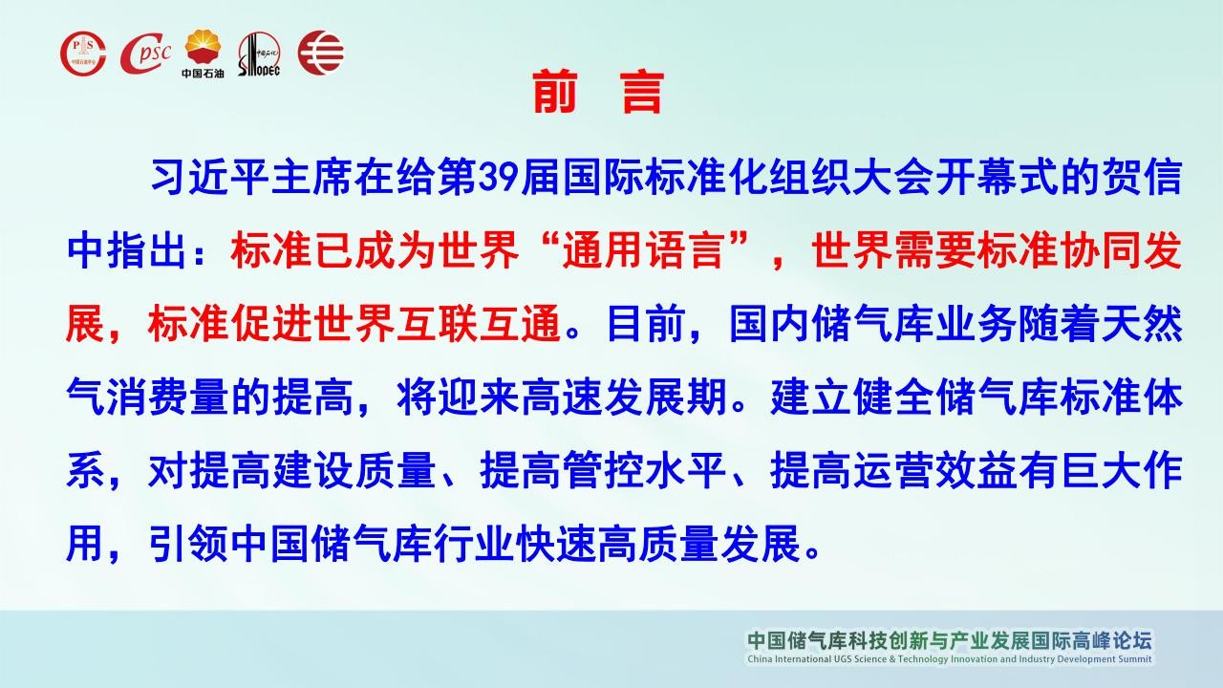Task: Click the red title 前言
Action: click(x=598, y=92)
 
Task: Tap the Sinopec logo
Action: click(x=259, y=54)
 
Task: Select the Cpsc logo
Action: click(x=145, y=53)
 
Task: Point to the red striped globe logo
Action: click(x=321, y=53)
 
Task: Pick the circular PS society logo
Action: click(x=83, y=53)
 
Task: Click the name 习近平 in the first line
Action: click(x=209, y=178)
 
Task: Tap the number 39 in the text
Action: click(x=498, y=178)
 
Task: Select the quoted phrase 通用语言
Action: click(x=644, y=251)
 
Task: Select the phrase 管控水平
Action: click(x=644, y=470)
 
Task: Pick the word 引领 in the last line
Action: click(x=188, y=544)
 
